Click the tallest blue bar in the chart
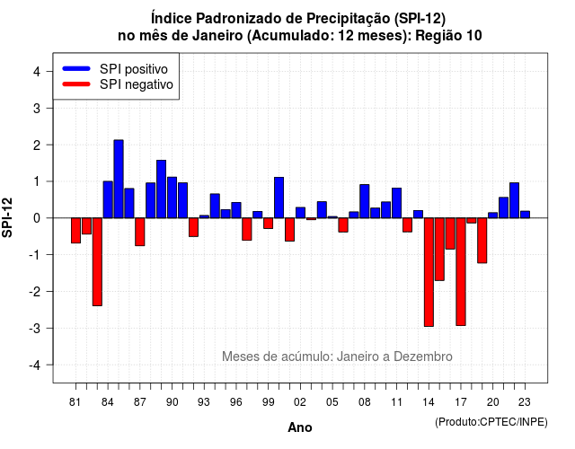[119, 179]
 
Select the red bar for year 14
[429, 272]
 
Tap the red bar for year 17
[461, 271]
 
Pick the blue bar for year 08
[365, 201]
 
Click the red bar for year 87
[140, 232]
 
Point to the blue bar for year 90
[172, 198]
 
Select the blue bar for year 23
[525, 215]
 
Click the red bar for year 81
[75, 231]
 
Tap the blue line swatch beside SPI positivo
[76, 68]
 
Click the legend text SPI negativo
[137, 84]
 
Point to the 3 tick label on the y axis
[37, 108]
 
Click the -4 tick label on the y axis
[35, 365]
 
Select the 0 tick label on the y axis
[37, 218]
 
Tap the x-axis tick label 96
[236, 402]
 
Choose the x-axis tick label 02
[300, 402]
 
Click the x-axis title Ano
[300, 427]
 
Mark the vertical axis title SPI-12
[7, 217]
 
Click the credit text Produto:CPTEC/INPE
[491, 422]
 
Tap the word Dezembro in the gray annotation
[423, 357]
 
